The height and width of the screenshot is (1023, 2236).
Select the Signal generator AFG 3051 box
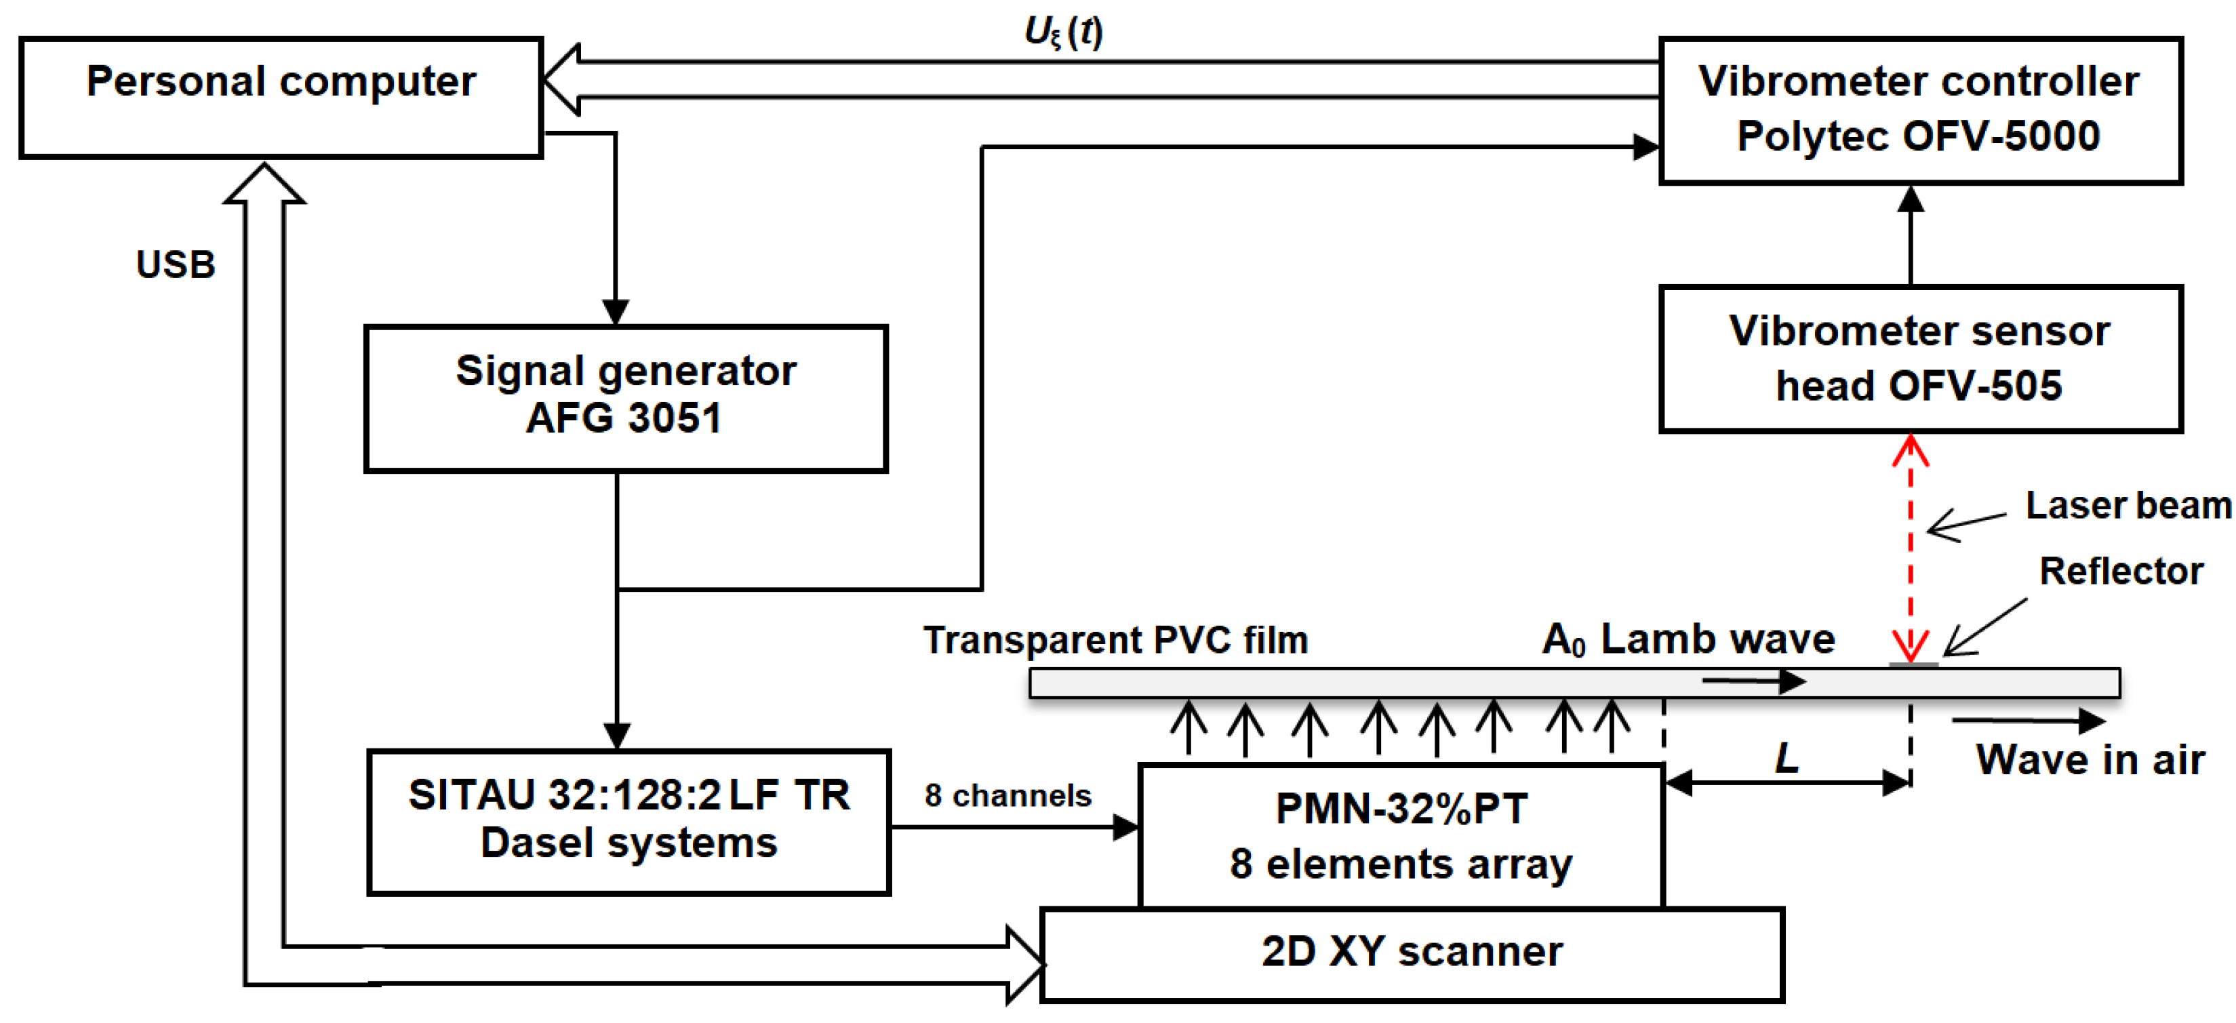(x=625, y=398)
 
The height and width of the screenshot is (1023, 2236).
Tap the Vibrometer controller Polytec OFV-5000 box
(x=1919, y=111)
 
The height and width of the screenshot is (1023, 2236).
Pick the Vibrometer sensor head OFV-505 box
(x=1919, y=359)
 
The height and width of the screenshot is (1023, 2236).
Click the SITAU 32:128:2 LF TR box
(x=628, y=821)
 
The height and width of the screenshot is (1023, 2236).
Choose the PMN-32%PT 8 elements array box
(x=1400, y=836)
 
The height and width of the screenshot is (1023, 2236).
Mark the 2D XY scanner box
(x=1412, y=954)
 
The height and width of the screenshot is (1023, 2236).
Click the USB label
(x=176, y=264)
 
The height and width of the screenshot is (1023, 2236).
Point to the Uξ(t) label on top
(x=1062, y=31)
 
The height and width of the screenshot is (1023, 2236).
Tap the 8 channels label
(x=1007, y=795)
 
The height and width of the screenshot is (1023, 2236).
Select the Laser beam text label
(x=2127, y=505)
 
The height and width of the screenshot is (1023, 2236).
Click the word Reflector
(x=2121, y=571)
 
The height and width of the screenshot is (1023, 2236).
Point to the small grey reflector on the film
(x=1913, y=664)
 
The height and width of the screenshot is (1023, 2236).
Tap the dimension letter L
(x=1786, y=757)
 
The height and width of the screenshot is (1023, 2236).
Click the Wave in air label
(x=2090, y=760)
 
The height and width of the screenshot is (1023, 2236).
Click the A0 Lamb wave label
(x=1688, y=639)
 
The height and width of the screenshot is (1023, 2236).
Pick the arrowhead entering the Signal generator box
(x=616, y=313)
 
